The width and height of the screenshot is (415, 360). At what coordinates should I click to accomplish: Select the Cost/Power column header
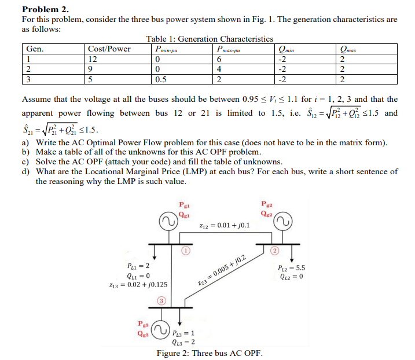(x=109, y=49)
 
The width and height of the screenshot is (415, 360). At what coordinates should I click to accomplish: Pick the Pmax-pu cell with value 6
(x=218, y=59)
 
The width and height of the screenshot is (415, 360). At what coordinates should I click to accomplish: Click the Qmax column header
(x=351, y=49)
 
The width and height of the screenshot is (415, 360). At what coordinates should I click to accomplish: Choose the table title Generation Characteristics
(x=210, y=39)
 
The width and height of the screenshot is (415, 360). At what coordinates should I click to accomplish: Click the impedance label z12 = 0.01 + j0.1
(x=224, y=224)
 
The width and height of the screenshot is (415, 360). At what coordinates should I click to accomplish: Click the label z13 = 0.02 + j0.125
(x=139, y=285)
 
